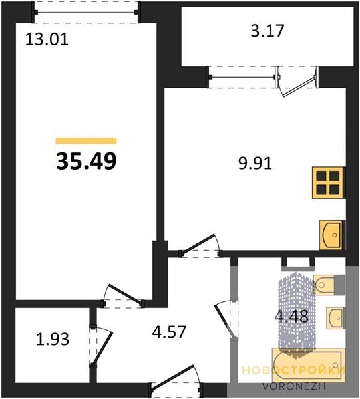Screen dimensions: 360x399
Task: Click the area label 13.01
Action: [47, 40]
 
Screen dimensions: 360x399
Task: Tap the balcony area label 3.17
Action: [267, 31]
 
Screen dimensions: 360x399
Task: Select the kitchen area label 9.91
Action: [255, 163]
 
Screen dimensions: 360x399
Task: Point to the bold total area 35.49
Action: [87, 162]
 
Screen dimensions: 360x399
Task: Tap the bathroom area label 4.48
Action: [291, 317]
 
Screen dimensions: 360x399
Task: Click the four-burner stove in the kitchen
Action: [329, 182]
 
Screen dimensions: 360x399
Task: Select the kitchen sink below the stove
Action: [332, 235]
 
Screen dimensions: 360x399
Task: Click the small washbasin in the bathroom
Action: [336, 318]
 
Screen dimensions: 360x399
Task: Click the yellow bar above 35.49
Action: [87, 141]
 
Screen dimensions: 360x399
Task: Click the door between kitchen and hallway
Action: [200, 246]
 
